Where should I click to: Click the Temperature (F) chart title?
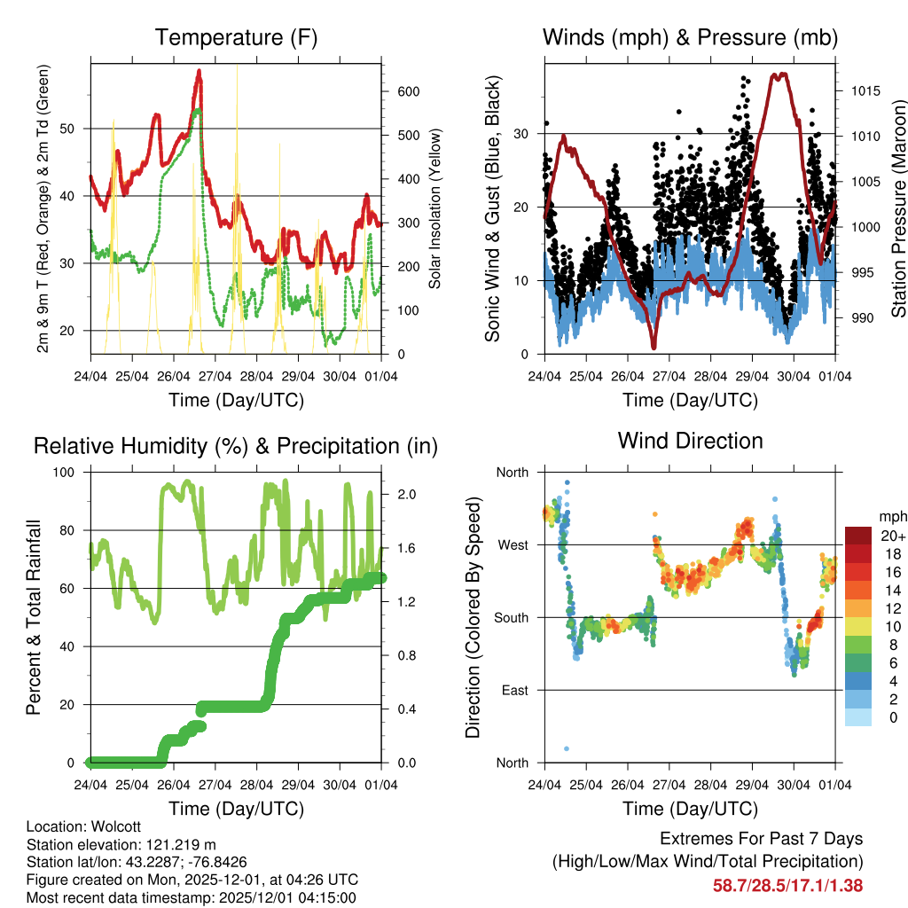[x=236, y=37]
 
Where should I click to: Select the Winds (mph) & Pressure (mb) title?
[x=690, y=37]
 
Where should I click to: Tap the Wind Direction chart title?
[x=690, y=441]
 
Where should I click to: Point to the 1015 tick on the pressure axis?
[x=857, y=90]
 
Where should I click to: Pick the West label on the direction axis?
[x=512, y=544]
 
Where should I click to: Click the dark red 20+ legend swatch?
[x=857, y=536]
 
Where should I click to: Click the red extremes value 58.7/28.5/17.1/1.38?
[x=787, y=885]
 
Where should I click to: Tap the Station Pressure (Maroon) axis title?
[x=898, y=210]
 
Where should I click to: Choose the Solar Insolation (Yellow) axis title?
[x=434, y=209]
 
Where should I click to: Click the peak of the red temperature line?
[x=200, y=71]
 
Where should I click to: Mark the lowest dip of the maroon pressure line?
[x=654, y=347]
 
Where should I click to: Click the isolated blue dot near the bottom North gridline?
[x=567, y=748]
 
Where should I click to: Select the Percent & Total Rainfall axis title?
[x=33, y=617]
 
